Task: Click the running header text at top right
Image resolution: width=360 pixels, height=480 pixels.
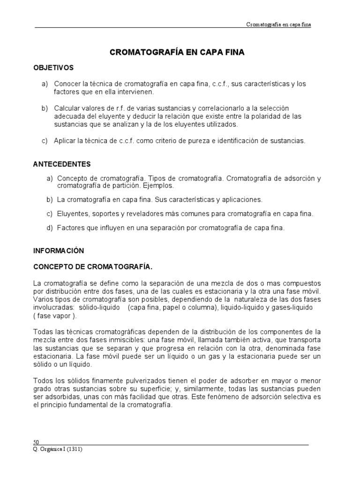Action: (278, 24)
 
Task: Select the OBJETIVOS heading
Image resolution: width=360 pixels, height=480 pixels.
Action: (53, 68)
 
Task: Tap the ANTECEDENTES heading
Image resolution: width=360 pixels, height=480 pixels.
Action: (62, 164)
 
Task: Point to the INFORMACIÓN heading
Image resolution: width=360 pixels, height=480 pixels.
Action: (58, 251)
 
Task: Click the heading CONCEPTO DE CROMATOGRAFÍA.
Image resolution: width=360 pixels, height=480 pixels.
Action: (93, 267)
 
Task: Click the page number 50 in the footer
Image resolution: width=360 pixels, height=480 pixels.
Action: (36, 442)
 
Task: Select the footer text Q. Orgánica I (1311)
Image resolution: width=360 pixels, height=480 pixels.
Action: (59, 449)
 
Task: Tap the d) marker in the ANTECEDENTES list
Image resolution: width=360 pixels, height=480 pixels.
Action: (50, 228)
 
